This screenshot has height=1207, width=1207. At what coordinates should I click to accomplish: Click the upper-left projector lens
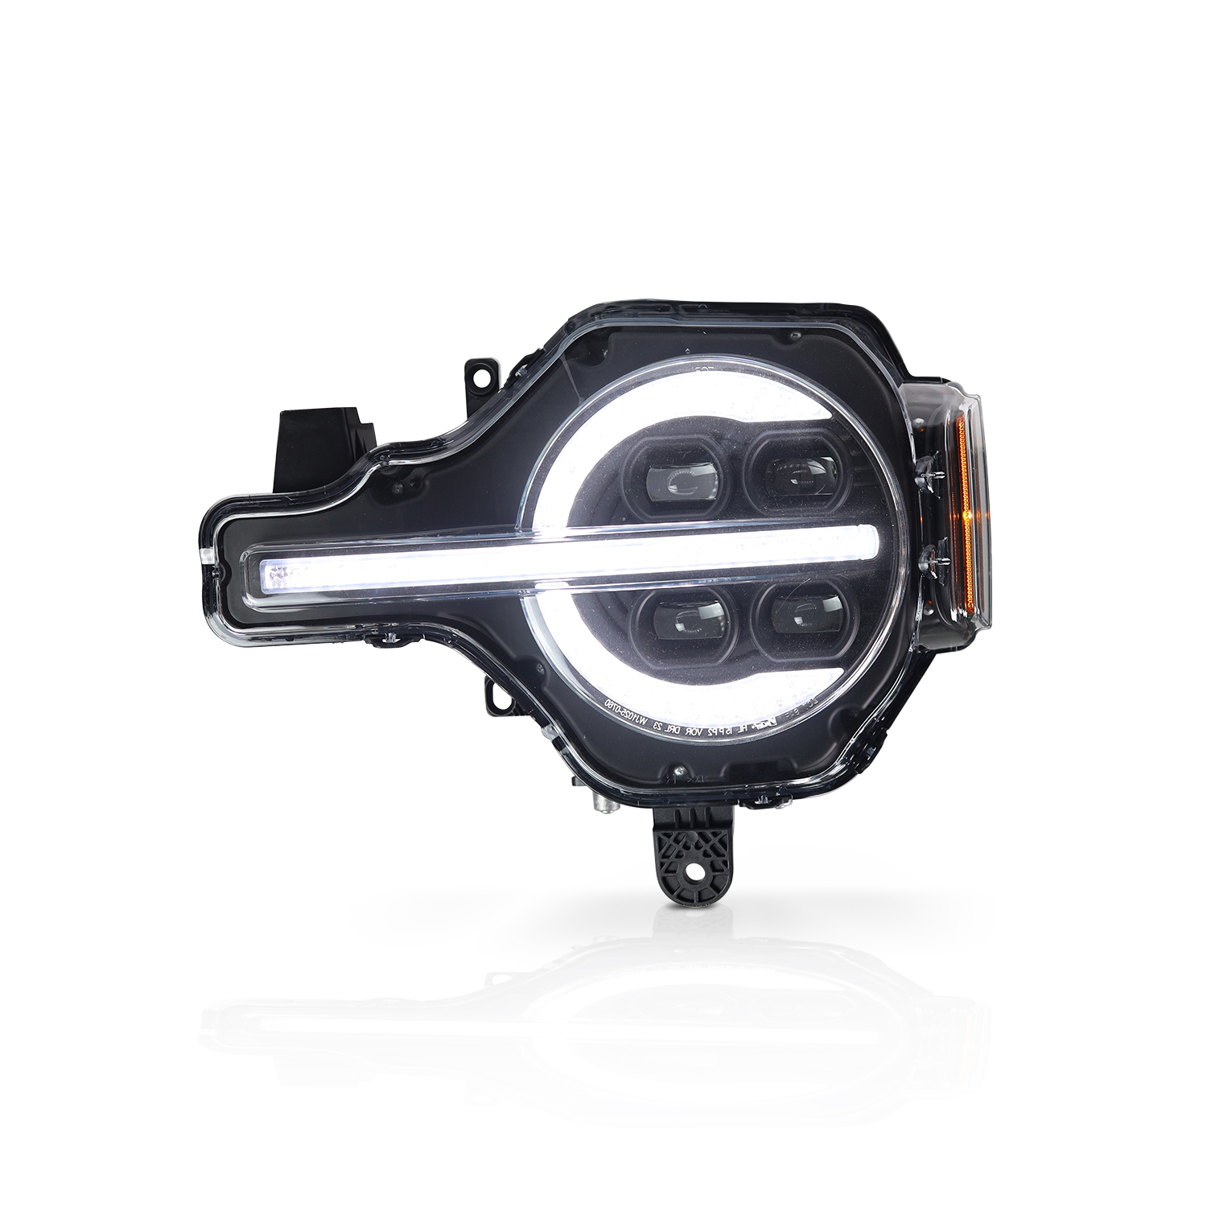[680, 479]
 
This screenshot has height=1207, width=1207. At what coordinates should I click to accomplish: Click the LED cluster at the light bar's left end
[277, 573]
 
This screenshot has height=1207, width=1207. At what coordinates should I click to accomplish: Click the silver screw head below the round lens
[682, 777]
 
